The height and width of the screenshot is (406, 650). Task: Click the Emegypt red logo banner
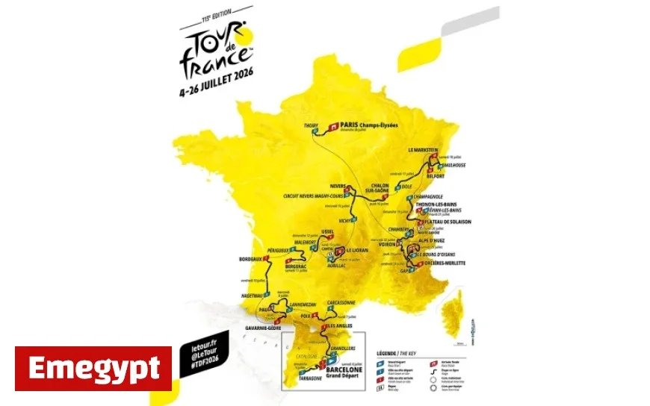[x=93, y=368]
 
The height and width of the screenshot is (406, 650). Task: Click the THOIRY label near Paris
[x=312, y=125]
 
